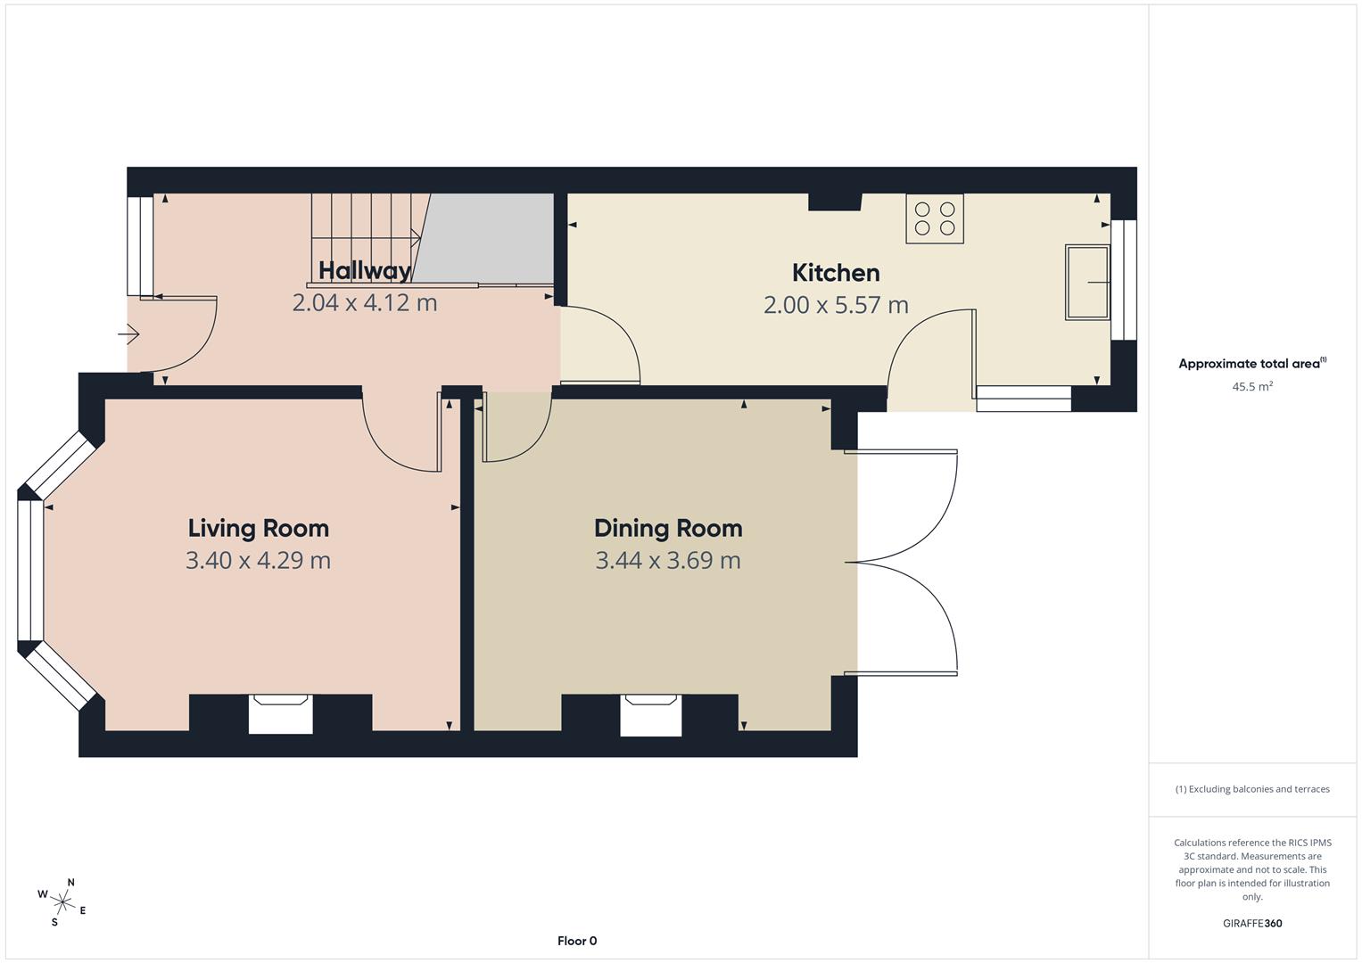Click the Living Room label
[258, 528]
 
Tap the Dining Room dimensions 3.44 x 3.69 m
[668, 561]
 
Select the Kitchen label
[836, 273]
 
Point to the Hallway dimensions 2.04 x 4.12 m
[365, 303]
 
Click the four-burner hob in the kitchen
[935, 218]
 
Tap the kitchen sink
[1087, 283]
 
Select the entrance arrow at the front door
[128, 335]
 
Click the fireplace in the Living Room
[280, 713]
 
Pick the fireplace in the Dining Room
[650, 715]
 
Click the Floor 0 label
[577, 941]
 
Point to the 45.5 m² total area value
[1252, 387]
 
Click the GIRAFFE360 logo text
[1252, 924]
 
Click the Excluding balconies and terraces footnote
[1252, 789]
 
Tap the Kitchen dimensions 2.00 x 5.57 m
[836, 306]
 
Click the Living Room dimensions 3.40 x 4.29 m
[258, 561]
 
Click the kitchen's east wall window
[1124, 280]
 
